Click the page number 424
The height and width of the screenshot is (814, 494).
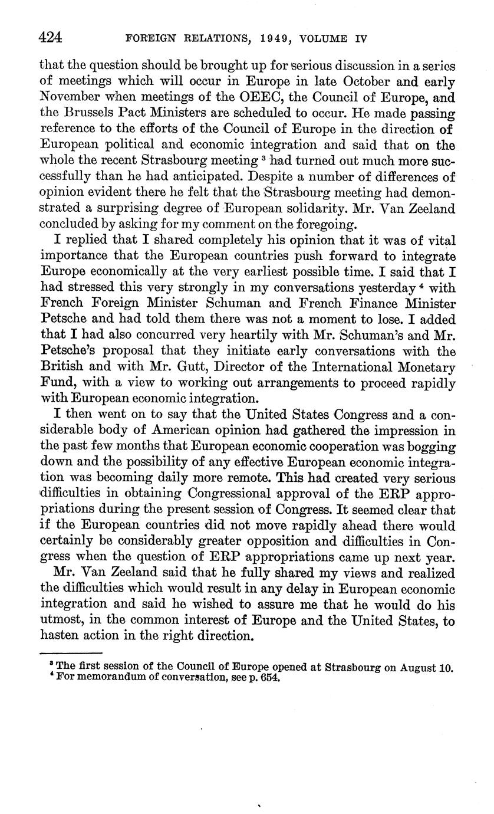pyautogui.click(x=51, y=38)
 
